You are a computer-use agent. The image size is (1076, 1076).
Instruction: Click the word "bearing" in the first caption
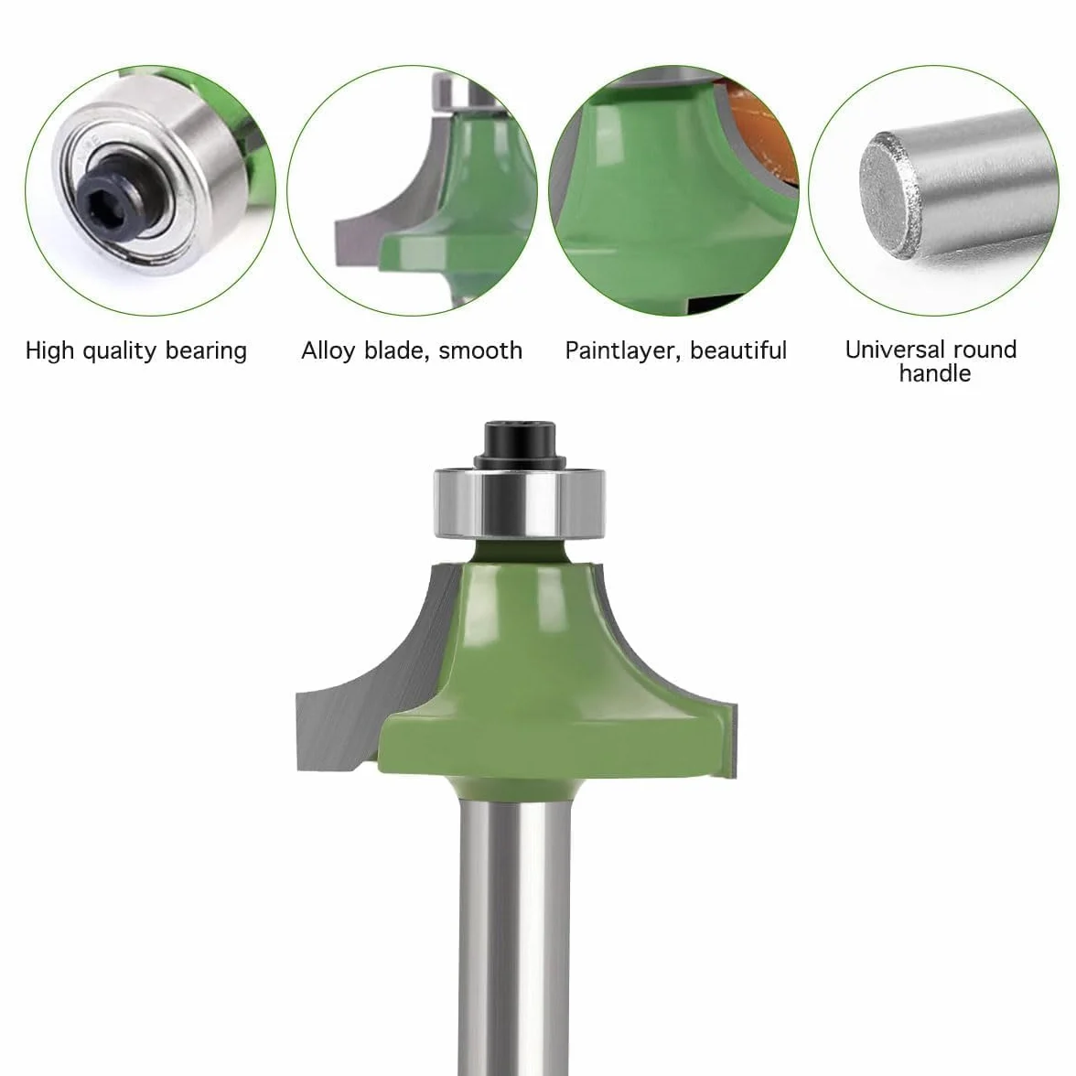coord(206,351)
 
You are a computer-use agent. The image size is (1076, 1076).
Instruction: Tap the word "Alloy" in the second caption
coord(328,351)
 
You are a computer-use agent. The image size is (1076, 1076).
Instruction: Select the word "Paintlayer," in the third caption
coord(623,351)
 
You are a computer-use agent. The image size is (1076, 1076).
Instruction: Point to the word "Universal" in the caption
coord(889,350)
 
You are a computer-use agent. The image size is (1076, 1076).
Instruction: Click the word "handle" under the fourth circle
coord(935,373)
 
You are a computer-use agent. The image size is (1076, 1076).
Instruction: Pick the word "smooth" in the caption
coord(480,350)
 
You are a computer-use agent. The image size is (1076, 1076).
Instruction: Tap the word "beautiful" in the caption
coord(738,350)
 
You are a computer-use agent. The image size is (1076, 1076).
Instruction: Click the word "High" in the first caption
coord(49,351)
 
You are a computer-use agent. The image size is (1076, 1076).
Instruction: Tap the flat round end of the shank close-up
coord(890,195)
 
